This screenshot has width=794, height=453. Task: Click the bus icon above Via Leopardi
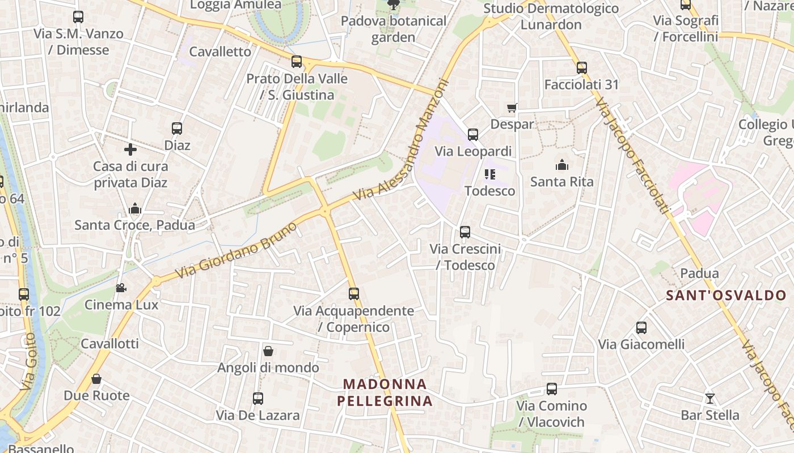473,135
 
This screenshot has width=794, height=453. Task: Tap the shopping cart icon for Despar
512,108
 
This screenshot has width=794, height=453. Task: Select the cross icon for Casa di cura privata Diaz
130,149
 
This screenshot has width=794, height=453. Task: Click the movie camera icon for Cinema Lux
121,288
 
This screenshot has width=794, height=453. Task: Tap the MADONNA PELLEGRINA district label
385,392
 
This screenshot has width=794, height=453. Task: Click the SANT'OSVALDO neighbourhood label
726,295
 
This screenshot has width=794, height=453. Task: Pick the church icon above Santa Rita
562,165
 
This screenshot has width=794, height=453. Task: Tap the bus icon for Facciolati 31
581,68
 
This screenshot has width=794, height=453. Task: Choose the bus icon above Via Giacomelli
641,328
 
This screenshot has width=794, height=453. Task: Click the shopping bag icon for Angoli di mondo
268,351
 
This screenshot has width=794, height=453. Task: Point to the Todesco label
490,191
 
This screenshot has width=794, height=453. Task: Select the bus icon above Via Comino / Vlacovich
552,389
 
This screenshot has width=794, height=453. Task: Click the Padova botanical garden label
394,29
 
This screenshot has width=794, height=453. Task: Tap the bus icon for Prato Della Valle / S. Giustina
297,62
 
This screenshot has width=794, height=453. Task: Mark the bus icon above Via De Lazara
258,399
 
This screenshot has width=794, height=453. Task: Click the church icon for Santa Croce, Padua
134,208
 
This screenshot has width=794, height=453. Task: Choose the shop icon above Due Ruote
96,379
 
